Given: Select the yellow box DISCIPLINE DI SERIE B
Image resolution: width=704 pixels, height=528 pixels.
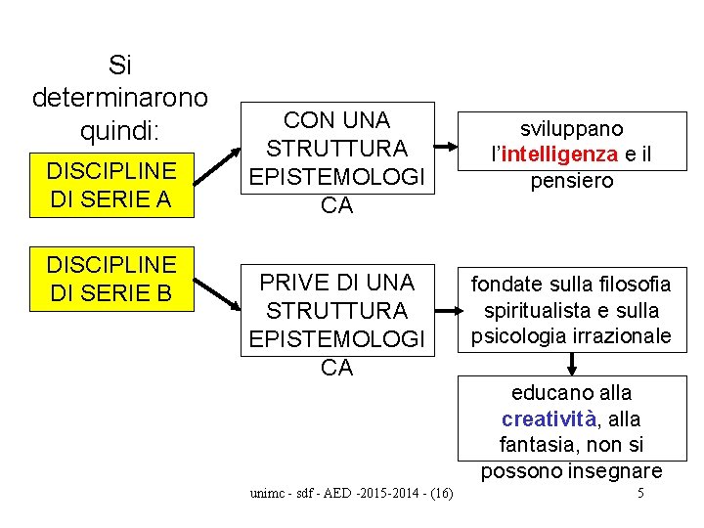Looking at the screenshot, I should coord(111,279).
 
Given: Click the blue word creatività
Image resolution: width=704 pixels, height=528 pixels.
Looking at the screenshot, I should coord(548,419).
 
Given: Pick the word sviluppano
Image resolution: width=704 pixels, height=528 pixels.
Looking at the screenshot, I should coord(572,129).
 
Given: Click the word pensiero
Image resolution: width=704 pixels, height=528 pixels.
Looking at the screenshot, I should coord(572,181).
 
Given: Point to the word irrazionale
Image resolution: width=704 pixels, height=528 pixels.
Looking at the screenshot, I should coord(624,336).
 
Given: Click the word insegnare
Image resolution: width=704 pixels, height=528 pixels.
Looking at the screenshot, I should coord(619,471).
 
